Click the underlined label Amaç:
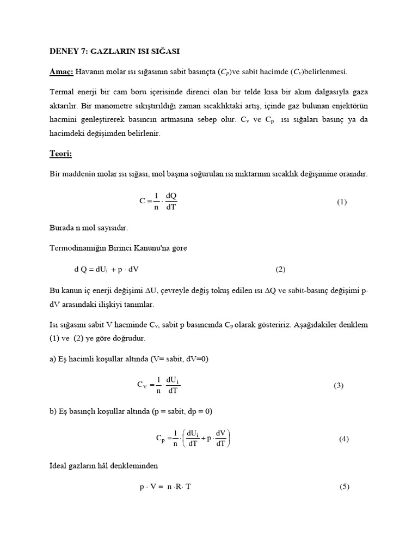(62, 72)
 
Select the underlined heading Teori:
(61, 154)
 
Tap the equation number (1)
(341, 202)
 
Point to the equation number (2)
(280, 269)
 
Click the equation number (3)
(339, 386)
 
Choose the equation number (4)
(343, 439)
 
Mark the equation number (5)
(343, 487)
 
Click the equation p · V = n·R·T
(165, 487)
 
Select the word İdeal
(59, 466)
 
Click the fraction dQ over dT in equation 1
(171, 202)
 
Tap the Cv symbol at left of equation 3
(142, 385)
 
